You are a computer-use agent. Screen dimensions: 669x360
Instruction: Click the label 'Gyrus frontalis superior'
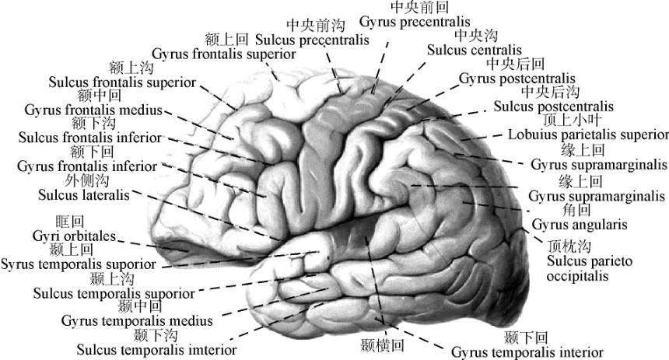223,54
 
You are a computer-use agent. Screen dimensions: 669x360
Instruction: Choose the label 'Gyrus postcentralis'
517,79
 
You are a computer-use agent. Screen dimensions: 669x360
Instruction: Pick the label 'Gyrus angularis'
573,225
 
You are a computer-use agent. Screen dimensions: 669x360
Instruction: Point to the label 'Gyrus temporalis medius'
130,320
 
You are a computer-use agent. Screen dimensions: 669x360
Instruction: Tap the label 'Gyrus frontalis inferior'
87,166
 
